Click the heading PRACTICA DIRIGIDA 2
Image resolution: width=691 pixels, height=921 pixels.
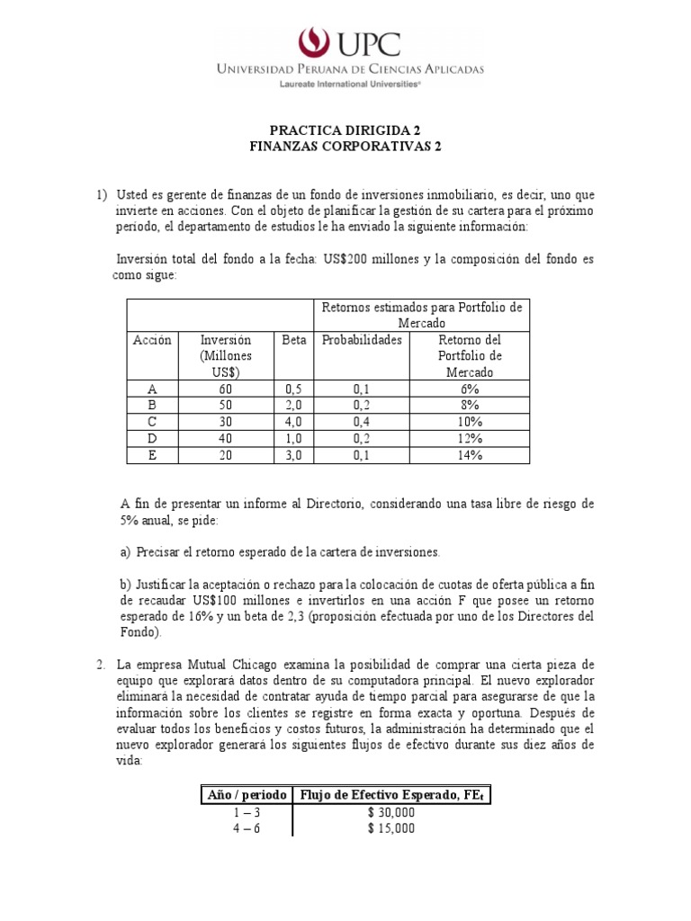(345, 130)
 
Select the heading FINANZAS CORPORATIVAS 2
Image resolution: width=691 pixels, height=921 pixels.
(345, 146)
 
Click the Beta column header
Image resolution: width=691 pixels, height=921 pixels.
(294, 340)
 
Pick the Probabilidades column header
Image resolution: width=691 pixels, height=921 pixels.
(362, 340)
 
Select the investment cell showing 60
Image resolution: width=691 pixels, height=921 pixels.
(225, 389)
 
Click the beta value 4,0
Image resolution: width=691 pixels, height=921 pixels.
(294, 421)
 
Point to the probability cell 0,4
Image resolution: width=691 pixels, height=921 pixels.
(362, 421)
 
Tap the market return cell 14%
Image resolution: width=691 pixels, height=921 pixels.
(470, 454)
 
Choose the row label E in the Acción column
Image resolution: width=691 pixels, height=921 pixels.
(151, 454)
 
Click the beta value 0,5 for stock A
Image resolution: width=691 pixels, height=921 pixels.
(294, 389)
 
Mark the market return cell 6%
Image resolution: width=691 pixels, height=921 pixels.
(470, 389)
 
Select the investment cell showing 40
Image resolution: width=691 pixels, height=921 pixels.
(225, 438)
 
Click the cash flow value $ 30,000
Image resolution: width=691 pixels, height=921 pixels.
(390, 812)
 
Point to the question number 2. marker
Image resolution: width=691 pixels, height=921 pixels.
(103, 665)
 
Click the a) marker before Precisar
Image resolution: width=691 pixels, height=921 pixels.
(125, 551)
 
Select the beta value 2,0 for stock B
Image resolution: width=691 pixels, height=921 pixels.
(294, 405)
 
